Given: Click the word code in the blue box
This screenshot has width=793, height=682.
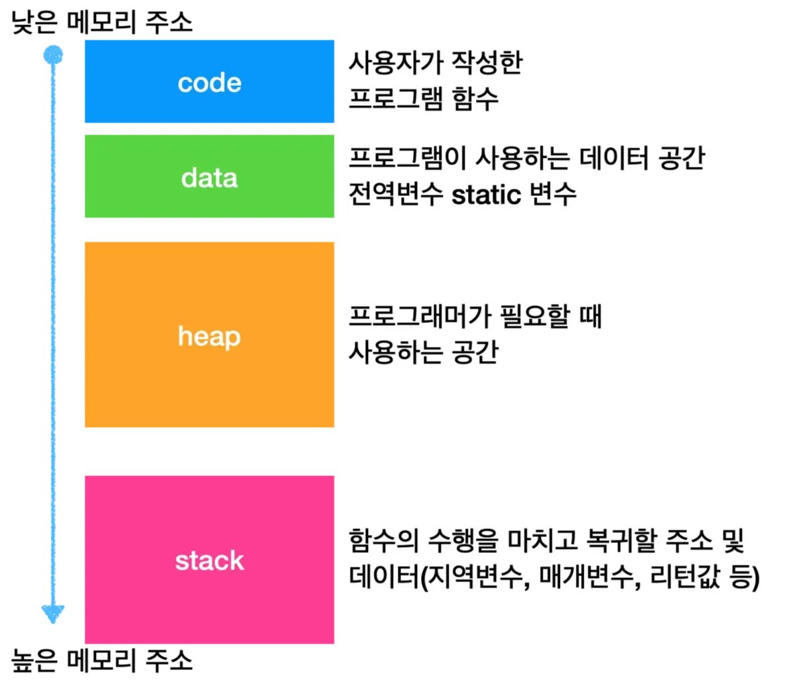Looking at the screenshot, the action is pyautogui.click(x=209, y=83).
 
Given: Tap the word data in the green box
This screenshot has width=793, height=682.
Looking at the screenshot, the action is pyautogui.click(x=209, y=177).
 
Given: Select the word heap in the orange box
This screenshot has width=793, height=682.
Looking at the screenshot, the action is pyautogui.click(x=209, y=337).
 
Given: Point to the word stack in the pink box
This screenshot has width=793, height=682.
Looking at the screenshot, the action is pyautogui.click(x=209, y=561).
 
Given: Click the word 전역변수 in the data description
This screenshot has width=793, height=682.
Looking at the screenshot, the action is pyautogui.click(x=395, y=194).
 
